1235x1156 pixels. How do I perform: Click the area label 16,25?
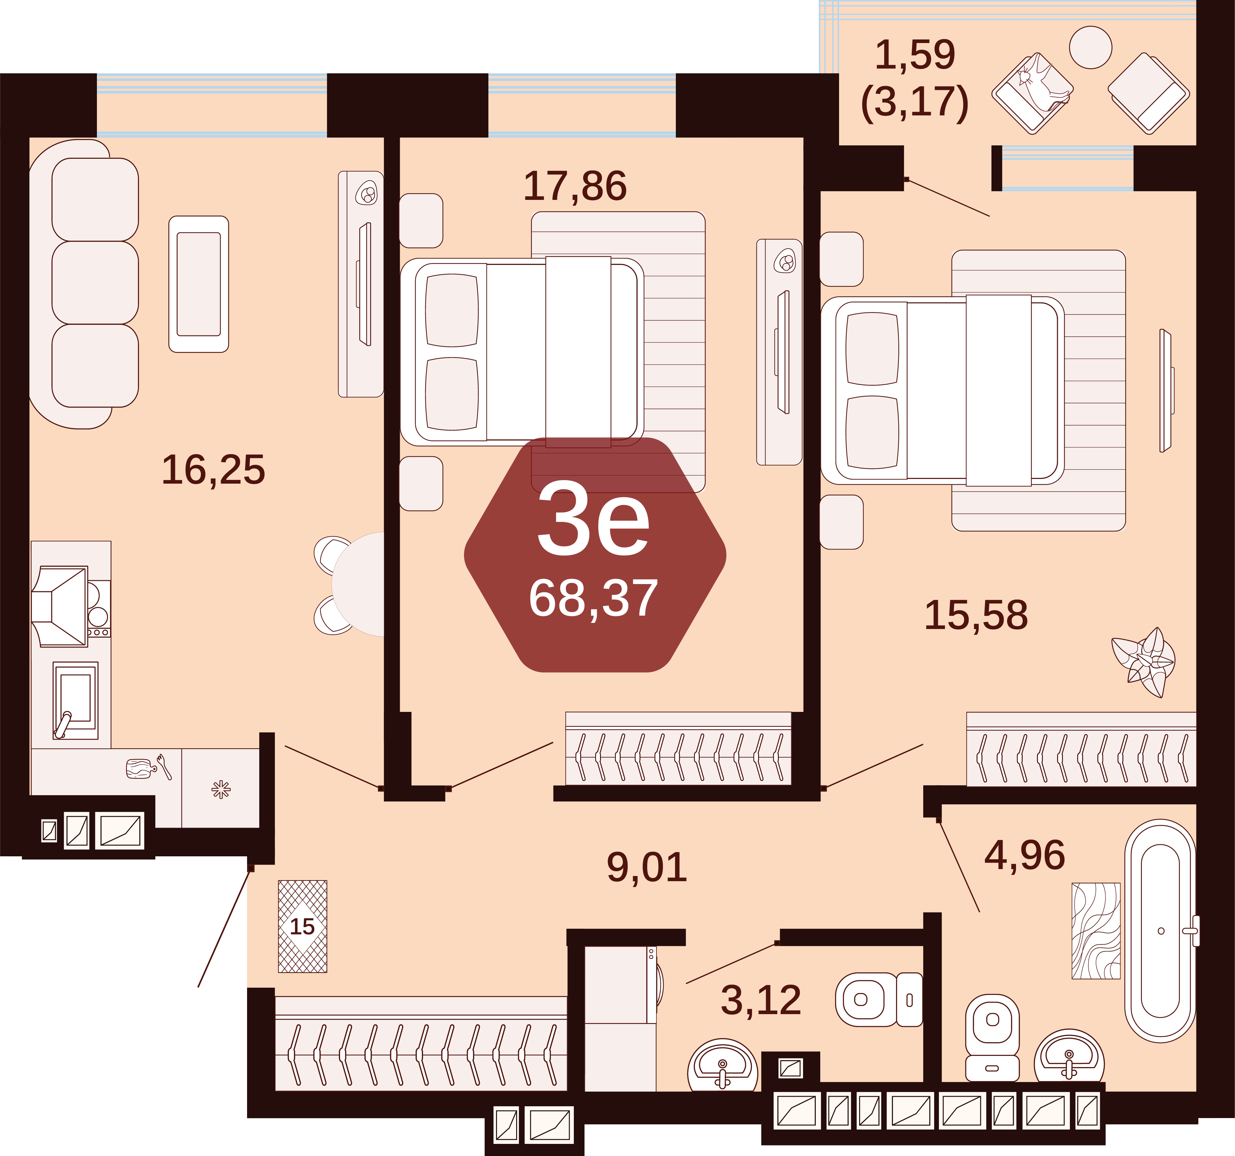[x=213, y=470]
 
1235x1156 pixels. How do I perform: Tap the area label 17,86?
[x=575, y=187]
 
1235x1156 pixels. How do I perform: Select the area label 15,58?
[x=976, y=616]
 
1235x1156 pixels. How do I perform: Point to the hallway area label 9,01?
[x=647, y=867]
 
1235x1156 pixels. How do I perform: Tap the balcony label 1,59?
[x=915, y=55]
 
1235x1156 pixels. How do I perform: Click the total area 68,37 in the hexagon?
[x=593, y=598]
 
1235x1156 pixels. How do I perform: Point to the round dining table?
[x=358, y=584]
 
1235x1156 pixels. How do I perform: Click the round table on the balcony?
[x=1091, y=47]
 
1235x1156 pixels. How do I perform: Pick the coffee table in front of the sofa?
[x=199, y=284]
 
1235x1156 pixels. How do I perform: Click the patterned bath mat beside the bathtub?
[x=1096, y=931]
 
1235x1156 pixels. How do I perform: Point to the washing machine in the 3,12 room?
[x=621, y=984]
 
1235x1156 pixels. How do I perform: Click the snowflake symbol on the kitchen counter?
[x=221, y=790]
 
